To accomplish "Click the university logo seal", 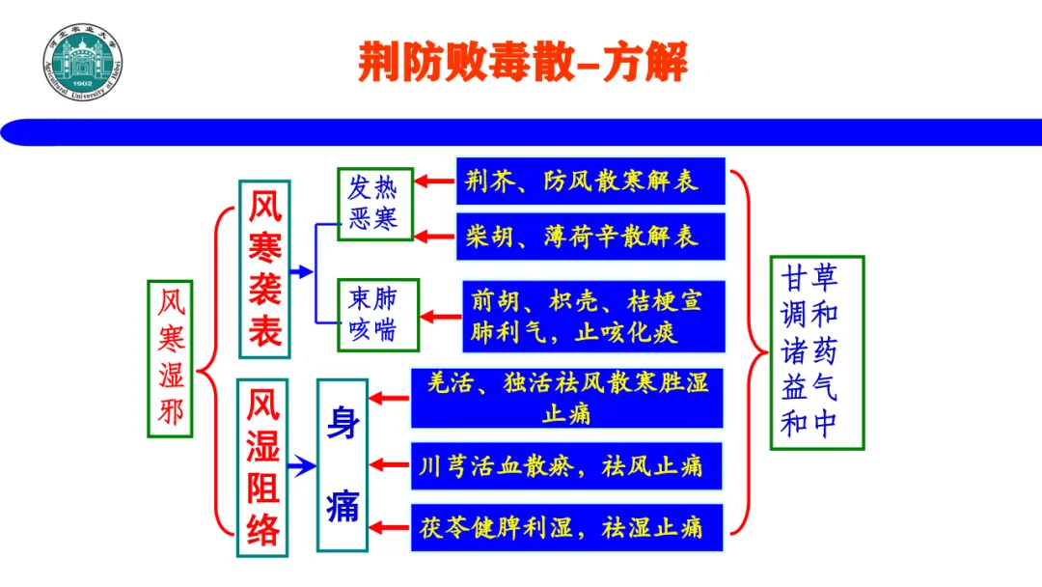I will click(84, 64).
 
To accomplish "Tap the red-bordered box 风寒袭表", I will click(264, 268).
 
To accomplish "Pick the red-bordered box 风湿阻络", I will click(263, 467).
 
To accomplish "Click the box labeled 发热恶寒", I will click(374, 205).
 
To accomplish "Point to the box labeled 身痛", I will click(343, 465).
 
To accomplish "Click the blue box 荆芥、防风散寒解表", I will click(590, 182).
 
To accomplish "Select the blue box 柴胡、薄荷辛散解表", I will click(590, 236).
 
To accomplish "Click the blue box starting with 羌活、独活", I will click(567, 397).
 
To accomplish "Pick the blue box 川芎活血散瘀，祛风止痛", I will click(567, 467).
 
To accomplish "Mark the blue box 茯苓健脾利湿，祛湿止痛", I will click(567, 527).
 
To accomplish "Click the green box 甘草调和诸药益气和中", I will click(816, 352).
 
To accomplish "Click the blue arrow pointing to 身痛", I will click(302, 467).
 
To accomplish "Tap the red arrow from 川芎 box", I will click(390, 467).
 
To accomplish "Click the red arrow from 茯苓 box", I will click(390, 527).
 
